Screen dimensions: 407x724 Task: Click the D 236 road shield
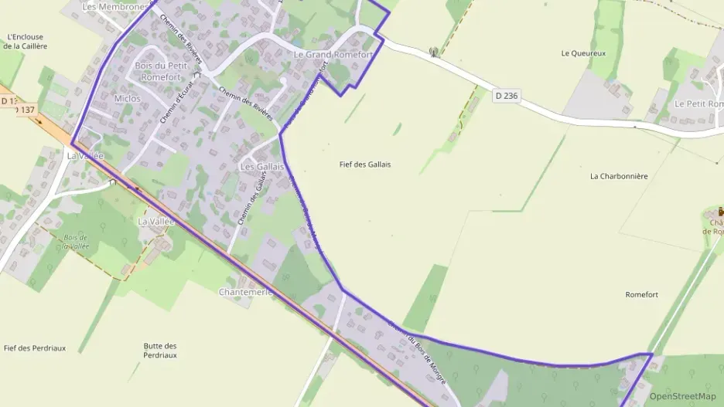click(505, 95)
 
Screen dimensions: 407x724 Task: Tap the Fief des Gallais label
click(365, 164)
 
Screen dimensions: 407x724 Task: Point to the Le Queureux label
click(583, 53)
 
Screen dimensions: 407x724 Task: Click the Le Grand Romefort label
click(333, 55)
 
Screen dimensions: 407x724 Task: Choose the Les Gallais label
click(262, 167)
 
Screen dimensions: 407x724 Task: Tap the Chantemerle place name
click(246, 292)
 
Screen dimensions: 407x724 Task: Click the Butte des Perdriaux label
click(160, 351)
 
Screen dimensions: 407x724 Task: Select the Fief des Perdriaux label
click(35, 348)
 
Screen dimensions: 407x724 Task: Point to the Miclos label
click(128, 99)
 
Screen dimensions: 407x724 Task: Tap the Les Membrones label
click(114, 7)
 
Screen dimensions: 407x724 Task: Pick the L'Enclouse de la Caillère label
click(25, 41)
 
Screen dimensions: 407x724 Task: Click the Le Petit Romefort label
click(698, 103)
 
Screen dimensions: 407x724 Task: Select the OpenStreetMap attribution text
click(682, 396)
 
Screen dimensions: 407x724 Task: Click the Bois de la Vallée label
click(76, 241)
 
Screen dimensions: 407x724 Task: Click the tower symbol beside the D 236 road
click(433, 53)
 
